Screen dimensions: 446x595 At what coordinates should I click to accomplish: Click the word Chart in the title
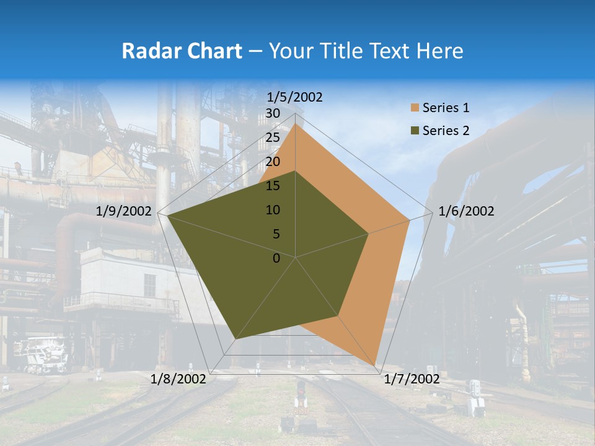tap(211, 51)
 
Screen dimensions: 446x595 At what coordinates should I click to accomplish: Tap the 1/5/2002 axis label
tap(294, 97)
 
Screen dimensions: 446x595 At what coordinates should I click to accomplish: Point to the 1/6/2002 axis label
tap(466, 211)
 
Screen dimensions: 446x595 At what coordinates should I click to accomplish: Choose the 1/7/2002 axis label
tap(412, 379)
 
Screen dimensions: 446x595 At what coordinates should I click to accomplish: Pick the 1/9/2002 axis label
tap(124, 211)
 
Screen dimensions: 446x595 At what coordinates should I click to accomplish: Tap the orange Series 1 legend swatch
tap(415, 108)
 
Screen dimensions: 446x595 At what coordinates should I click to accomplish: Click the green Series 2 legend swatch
tap(415, 131)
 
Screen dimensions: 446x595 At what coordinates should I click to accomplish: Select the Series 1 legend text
tap(446, 108)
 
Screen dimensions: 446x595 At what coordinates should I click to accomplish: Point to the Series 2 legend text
tap(446, 131)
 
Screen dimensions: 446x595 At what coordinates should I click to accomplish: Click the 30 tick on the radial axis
tap(273, 113)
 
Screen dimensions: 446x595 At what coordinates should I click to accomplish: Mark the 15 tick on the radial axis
tap(273, 186)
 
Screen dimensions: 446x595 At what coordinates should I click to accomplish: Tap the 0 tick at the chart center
tap(276, 258)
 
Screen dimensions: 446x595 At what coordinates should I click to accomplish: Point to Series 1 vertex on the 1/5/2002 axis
tap(296, 124)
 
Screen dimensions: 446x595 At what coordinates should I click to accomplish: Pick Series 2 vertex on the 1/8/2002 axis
tap(235, 339)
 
